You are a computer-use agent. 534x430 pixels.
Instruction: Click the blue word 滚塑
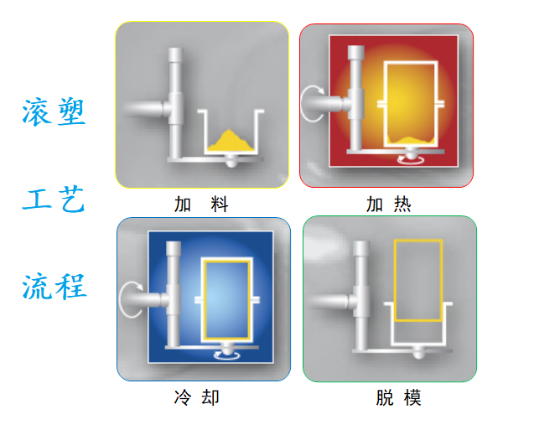(54, 111)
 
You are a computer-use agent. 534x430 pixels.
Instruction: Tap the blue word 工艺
(54, 200)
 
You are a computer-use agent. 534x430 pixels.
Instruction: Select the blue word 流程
(54, 288)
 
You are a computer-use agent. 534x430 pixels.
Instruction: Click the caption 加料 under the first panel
(201, 204)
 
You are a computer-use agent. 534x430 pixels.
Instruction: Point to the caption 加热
(388, 204)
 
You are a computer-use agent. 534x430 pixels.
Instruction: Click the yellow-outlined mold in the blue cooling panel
(226, 298)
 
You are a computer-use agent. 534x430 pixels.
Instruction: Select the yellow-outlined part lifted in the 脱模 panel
(417, 280)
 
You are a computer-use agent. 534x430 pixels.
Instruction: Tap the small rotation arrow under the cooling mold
(227, 354)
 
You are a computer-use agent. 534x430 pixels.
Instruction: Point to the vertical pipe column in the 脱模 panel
(362, 293)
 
